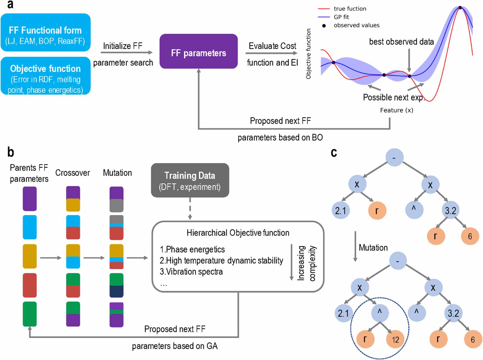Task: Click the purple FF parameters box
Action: tap(198, 52)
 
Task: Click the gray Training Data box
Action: tap(190, 180)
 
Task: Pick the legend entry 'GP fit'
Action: tap(341, 17)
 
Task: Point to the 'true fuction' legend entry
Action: tap(349, 9)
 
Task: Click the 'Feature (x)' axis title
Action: tap(396, 110)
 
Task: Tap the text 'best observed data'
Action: tap(401, 42)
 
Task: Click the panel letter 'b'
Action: tap(10, 152)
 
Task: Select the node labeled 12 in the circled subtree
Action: tap(395, 340)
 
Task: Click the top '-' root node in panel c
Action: tap(394, 158)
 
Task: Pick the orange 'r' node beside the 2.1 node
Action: tap(377, 211)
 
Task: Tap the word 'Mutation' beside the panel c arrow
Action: tap(373, 248)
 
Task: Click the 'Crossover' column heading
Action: tap(72, 173)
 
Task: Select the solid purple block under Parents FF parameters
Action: tap(30, 199)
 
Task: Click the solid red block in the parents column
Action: tap(30, 285)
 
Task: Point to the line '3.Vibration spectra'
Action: tap(191, 272)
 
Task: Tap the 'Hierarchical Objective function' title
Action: tap(238, 233)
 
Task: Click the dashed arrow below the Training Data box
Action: tap(190, 209)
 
